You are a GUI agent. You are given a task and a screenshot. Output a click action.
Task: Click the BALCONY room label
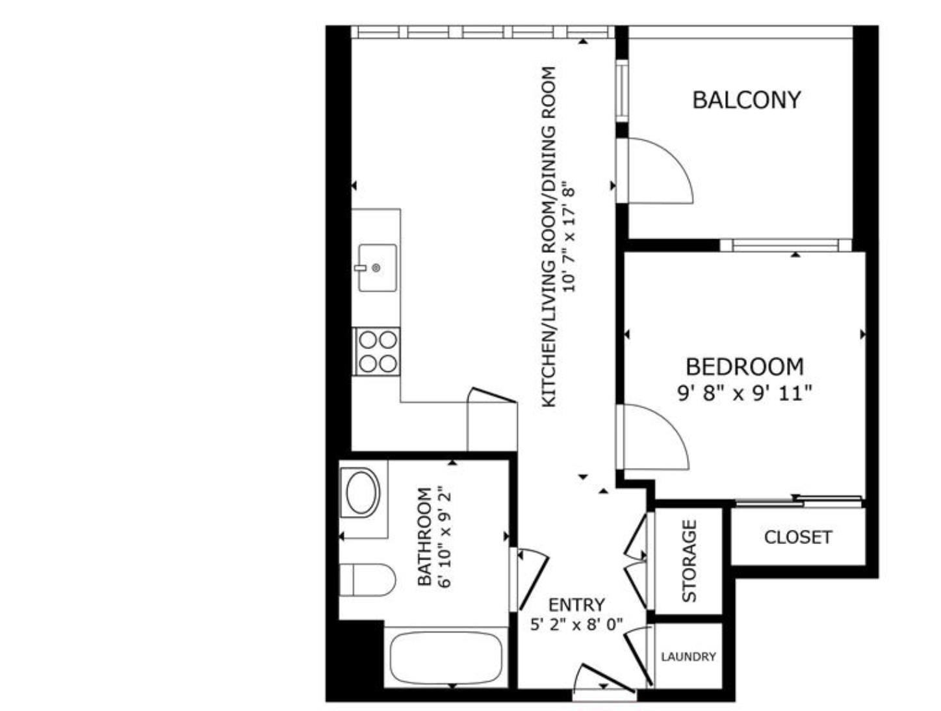(746, 100)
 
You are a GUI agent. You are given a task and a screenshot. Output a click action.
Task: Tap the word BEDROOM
(744, 367)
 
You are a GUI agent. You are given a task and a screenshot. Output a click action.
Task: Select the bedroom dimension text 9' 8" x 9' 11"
(745, 393)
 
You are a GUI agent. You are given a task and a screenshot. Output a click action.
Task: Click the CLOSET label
(797, 537)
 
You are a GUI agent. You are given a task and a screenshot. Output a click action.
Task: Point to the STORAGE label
(689, 561)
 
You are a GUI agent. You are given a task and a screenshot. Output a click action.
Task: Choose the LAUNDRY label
(688, 657)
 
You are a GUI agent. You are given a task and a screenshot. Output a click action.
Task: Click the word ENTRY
(576, 605)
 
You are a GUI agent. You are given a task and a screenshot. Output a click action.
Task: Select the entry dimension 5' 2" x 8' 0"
(576, 625)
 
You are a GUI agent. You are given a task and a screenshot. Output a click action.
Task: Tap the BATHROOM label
(424, 537)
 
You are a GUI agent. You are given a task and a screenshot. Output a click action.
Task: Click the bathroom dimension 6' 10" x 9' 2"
(445, 537)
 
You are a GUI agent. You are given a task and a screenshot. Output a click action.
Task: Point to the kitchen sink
(377, 267)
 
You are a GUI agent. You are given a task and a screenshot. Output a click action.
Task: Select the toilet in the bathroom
(368, 580)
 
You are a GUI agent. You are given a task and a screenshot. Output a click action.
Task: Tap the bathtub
(446, 656)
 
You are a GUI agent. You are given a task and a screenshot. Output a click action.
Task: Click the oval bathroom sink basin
(363, 493)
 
